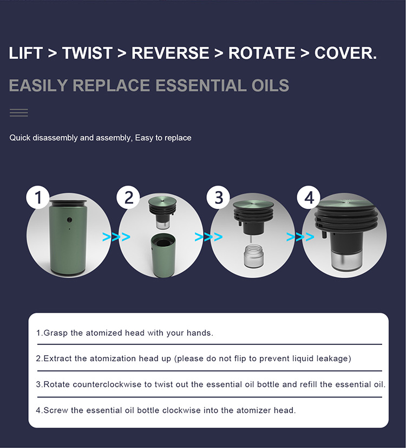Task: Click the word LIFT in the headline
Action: [25, 53]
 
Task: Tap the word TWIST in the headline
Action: [87, 53]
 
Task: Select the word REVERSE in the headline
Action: [170, 53]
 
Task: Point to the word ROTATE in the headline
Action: [261, 53]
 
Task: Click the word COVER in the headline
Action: [343, 53]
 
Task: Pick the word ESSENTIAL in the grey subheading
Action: [201, 86]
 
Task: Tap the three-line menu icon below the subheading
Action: [19, 113]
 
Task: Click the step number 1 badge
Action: [38, 197]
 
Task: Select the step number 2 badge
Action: [128, 197]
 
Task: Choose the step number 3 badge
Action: [218, 197]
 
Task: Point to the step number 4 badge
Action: [309, 197]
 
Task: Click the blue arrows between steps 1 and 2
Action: [116, 236]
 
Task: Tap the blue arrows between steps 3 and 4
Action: [300, 236]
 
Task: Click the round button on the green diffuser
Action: [69, 220]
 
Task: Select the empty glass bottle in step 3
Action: [253, 255]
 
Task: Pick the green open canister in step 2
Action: [163, 255]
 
